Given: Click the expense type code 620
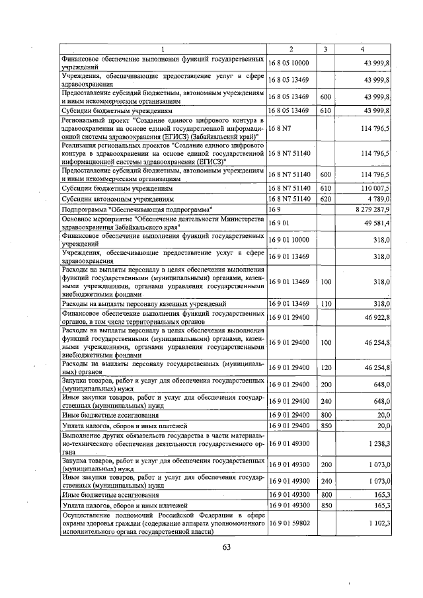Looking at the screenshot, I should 325,198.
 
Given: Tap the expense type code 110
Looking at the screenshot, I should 325,303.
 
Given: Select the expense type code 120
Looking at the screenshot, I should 325,367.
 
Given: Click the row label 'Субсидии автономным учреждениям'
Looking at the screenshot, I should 117,198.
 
